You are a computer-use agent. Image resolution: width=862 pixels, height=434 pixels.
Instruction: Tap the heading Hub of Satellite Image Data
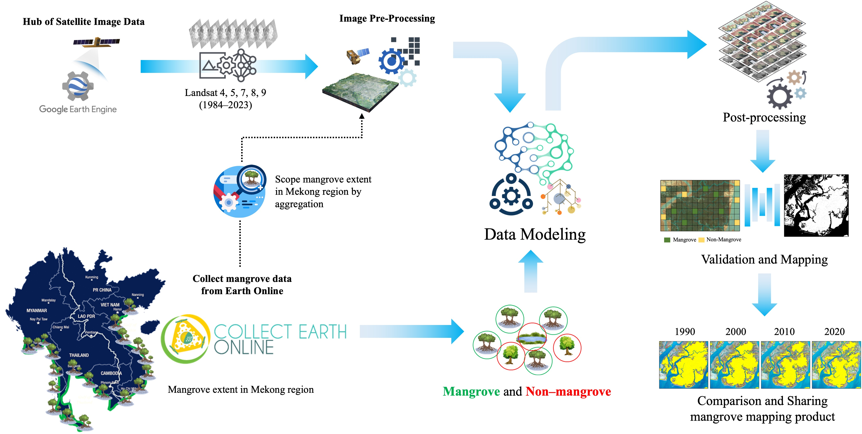[84, 22]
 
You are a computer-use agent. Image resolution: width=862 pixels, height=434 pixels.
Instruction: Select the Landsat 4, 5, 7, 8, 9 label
[225, 93]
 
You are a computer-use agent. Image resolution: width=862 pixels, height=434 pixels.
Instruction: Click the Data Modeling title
[534, 234]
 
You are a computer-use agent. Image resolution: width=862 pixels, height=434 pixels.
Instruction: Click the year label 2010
[784, 332]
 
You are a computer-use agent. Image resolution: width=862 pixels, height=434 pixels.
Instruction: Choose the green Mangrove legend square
[667, 240]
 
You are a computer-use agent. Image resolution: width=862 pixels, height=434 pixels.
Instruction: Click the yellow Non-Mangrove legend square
[701, 240]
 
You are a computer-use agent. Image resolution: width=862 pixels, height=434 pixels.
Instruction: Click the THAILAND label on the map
[79, 355]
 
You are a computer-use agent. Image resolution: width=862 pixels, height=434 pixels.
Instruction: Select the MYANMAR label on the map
[37, 310]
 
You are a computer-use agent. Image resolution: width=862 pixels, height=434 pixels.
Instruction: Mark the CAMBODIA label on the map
[111, 373]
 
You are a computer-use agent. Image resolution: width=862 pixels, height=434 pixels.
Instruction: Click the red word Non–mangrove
[568, 392]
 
